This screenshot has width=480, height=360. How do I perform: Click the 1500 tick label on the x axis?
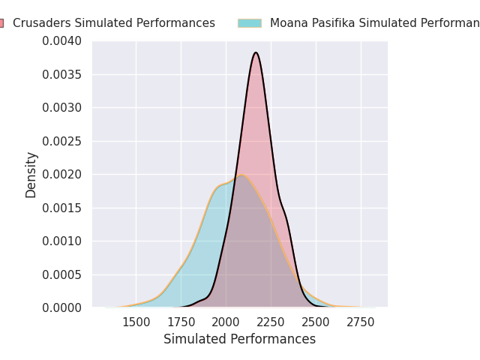tap(136, 322)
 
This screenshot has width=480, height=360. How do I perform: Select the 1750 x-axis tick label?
tap(181, 322)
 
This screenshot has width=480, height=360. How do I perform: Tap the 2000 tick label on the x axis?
tap(226, 322)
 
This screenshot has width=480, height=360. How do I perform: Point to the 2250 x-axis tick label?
tap(271, 322)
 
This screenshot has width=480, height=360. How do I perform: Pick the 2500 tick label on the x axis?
tap(316, 322)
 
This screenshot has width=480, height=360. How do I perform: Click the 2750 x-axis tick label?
tap(361, 322)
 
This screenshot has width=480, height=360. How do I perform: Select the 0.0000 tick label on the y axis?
tap(63, 307)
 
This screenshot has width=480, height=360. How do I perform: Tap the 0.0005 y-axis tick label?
tap(63, 274)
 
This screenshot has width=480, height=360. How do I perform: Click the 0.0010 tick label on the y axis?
tap(63, 241)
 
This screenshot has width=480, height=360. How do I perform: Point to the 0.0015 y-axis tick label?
tap(63, 208)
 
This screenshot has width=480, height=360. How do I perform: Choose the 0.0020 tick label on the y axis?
tap(63, 174)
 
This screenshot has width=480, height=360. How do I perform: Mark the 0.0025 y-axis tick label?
tap(63, 141)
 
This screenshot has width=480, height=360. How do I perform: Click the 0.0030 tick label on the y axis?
tap(63, 107)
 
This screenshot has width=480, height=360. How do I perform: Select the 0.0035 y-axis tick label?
tap(63, 74)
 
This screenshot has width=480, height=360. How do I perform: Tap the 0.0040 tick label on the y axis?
tap(63, 40)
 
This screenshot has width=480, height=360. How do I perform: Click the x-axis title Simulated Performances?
tap(239, 339)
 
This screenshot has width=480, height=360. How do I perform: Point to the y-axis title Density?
tap(31, 174)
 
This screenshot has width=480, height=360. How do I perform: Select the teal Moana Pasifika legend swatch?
tap(250, 23)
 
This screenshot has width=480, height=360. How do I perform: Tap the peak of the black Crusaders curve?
tap(256, 52)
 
